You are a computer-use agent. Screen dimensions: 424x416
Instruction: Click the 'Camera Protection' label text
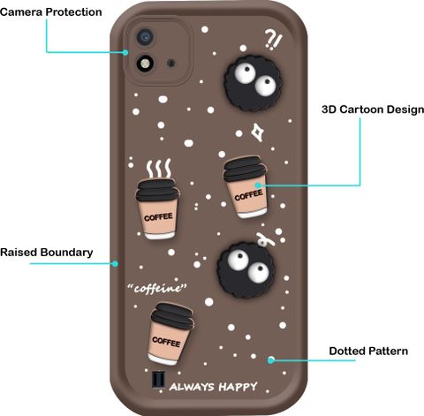pos(51,11)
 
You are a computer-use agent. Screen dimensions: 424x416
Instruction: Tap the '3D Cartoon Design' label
pos(373,110)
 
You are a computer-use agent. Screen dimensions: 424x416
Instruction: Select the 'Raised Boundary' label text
pos(47,253)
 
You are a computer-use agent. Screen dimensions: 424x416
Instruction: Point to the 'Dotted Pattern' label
pos(368,351)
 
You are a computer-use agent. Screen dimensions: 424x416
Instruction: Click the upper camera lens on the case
pos(145,37)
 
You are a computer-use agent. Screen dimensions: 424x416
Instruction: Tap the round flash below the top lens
pos(145,64)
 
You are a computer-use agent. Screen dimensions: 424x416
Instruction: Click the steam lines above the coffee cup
pos(159,169)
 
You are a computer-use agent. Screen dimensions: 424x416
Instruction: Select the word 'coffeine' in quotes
pos(157,289)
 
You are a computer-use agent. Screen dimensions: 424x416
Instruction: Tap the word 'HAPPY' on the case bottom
pos(238,387)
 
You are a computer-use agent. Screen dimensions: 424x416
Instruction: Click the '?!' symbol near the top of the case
pos(273,40)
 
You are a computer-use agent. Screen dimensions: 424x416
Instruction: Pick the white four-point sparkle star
pos(258,132)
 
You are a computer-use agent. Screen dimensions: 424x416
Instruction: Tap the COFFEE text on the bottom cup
pos(166,342)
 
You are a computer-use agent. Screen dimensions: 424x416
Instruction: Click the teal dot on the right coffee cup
pos(258,185)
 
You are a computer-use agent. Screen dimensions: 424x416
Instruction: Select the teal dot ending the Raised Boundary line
pos(116,263)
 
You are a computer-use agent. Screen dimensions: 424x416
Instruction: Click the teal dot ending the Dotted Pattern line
pos(271,359)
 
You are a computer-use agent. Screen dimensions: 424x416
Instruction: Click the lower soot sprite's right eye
pos(258,272)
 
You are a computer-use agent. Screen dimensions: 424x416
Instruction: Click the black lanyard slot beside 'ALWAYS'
pos(158,380)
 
